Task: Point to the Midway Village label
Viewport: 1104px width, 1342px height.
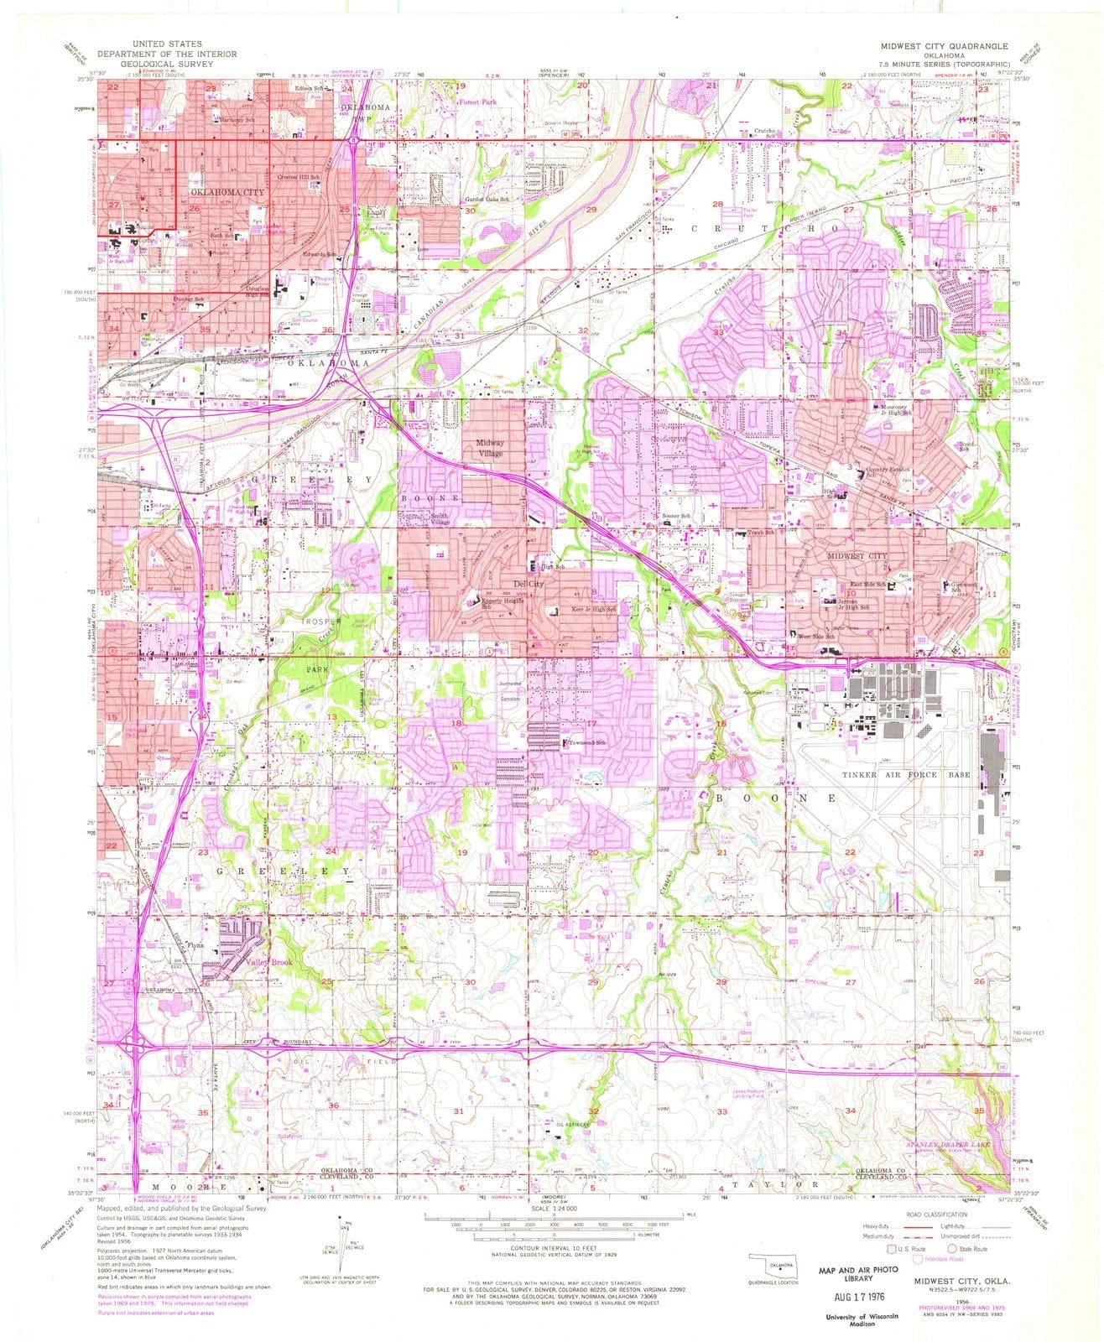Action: [491, 448]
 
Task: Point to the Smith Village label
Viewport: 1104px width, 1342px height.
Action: [440, 519]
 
